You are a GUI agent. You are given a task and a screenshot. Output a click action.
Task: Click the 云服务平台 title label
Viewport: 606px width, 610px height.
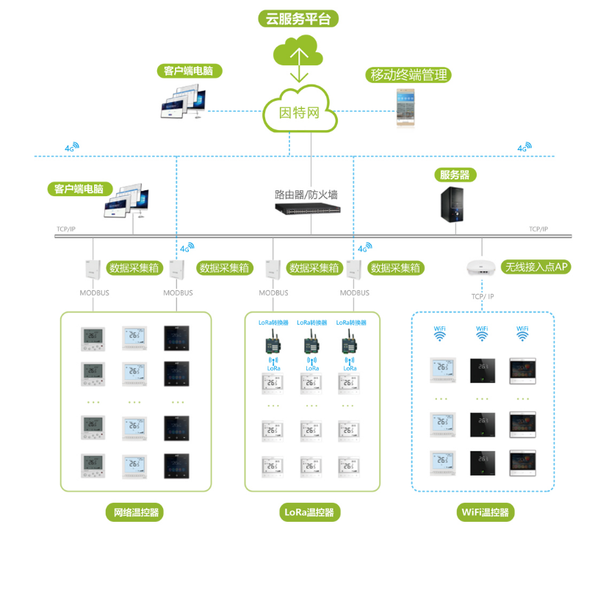298,19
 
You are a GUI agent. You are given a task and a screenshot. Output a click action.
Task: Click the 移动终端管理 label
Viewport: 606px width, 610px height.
408,75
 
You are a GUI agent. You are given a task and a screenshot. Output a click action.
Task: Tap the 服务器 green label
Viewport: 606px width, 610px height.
454,175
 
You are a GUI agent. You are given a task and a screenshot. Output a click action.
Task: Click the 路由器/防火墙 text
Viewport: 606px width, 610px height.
306,194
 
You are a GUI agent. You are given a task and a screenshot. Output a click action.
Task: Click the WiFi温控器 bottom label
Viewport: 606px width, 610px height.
484,512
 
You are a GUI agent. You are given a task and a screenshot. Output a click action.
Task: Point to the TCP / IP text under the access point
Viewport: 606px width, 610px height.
483,297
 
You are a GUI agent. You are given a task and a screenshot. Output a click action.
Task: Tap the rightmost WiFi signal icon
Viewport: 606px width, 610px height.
523,334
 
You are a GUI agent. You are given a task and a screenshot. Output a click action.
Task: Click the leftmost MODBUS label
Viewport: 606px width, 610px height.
95,293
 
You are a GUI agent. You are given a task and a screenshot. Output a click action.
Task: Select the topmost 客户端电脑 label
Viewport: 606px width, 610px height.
189,71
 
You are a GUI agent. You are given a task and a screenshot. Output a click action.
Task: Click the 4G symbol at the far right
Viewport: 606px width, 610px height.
524,148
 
